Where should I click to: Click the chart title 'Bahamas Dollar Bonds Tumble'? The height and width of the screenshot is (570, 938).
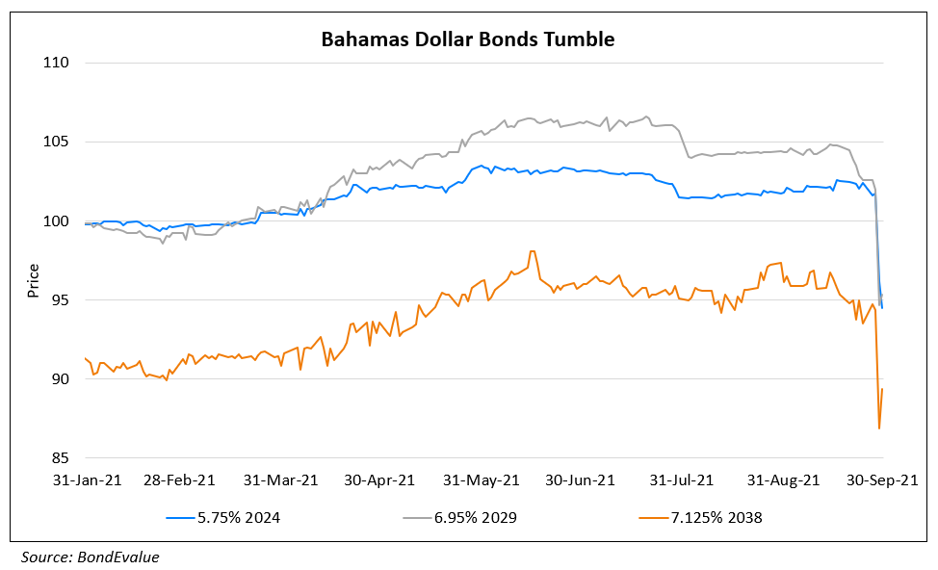point(467,39)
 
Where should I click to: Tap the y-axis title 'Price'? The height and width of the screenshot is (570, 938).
point(34,279)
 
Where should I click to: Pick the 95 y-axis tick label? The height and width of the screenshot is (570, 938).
point(61,300)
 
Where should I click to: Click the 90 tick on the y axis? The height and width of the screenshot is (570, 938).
point(61,379)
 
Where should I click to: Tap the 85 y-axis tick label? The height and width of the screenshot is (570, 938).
point(61,458)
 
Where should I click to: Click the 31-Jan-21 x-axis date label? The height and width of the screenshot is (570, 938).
point(86,479)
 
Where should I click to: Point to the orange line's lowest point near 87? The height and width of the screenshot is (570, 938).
point(879,427)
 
